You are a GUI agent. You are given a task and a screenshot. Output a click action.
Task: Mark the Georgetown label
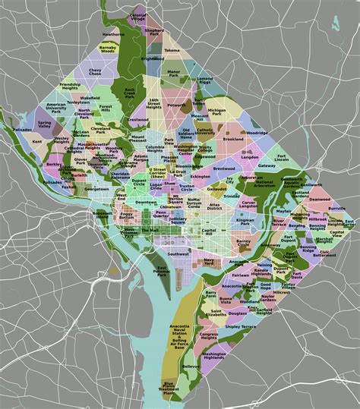coord(96,188)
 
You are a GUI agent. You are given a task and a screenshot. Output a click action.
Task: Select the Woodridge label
coord(256,132)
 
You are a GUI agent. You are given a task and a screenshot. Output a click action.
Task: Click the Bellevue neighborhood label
coord(191,366)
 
